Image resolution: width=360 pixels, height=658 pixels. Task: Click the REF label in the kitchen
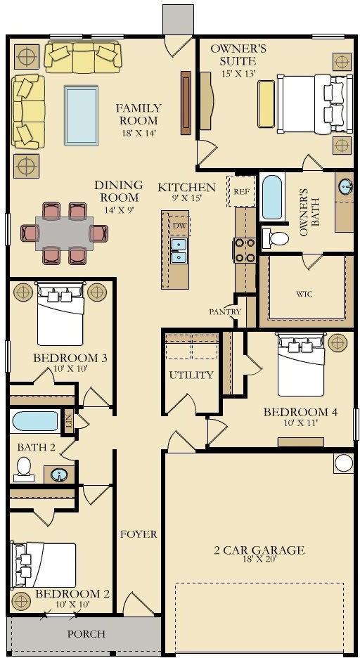tap(241, 192)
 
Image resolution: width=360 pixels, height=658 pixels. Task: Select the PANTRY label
tap(225, 312)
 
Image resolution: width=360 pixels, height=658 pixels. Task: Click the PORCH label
tap(86, 633)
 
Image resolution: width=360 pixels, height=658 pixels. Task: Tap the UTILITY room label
tap(191, 375)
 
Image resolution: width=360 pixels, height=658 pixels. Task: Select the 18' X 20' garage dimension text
tap(259, 559)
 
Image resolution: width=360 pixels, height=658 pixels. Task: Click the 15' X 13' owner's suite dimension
tap(239, 73)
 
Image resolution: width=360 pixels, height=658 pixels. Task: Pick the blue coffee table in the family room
tap(82, 115)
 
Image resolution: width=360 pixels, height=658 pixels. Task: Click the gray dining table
tap(64, 233)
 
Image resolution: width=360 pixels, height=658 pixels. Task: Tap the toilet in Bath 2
tap(23, 469)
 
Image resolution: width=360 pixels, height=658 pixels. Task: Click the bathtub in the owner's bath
tap(272, 198)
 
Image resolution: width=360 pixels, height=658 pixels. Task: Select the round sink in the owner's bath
tap(345, 186)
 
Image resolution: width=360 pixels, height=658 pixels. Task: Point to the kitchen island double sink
tap(179, 250)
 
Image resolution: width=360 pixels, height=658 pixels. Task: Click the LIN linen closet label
tap(69, 422)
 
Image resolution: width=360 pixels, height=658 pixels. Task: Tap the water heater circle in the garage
tap(344, 463)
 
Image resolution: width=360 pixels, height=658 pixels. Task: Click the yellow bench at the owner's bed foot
tap(266, 103)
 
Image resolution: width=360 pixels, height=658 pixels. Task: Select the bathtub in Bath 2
tap(35, 421)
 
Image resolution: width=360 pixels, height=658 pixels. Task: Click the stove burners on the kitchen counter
tap(245, 250)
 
